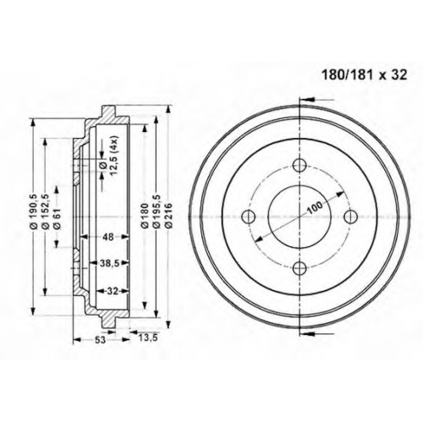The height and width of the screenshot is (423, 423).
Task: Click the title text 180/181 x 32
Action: click(365, 75)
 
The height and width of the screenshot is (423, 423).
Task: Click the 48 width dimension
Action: click(108, 237)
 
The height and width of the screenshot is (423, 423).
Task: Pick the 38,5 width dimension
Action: click(109, 263)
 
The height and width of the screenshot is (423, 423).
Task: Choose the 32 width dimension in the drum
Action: click(113, 291)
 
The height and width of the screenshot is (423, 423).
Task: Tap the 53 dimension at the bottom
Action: click(100, 340)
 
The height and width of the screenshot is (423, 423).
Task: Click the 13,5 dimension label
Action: click(147, 338)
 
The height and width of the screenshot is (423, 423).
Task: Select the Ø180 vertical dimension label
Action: click(145, 215)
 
